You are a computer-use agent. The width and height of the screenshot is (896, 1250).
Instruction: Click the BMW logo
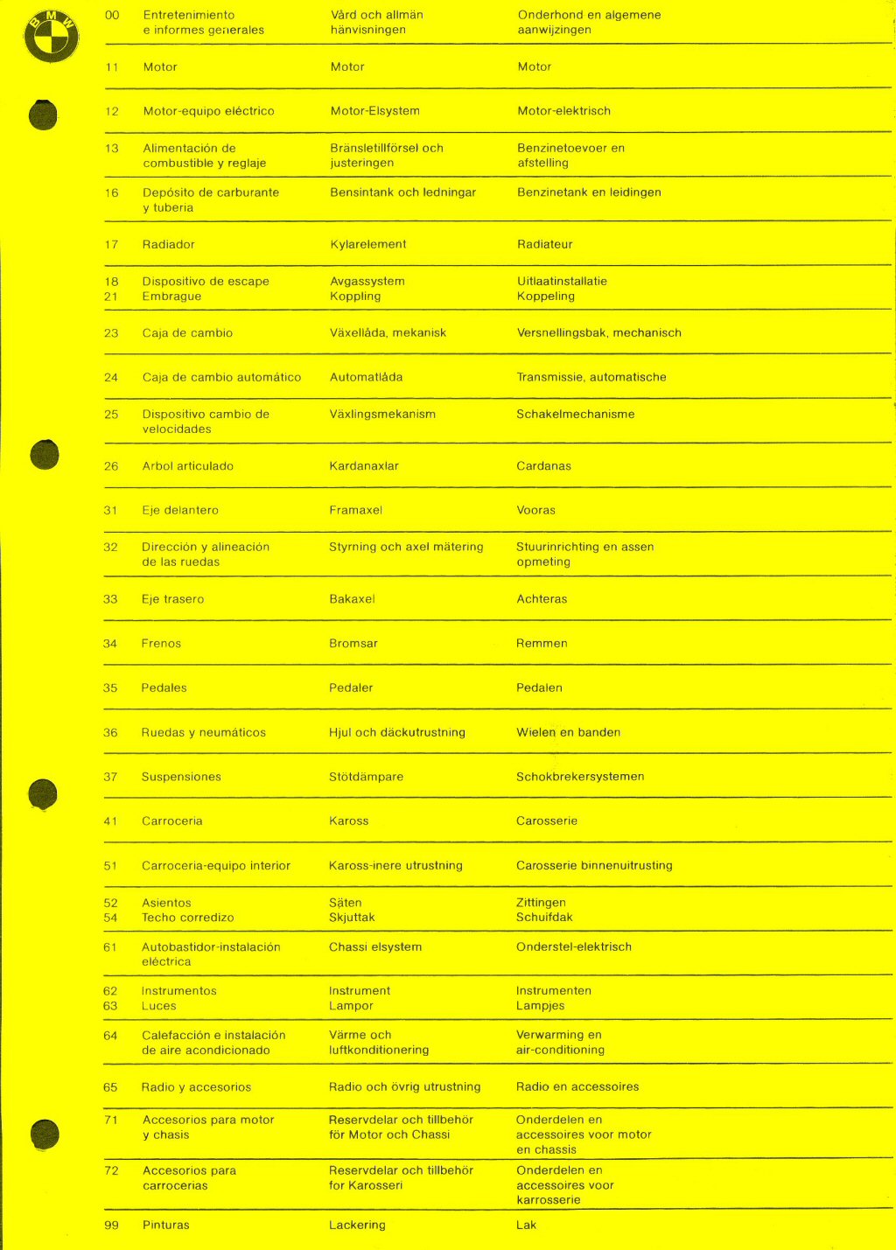[x=51, y=37]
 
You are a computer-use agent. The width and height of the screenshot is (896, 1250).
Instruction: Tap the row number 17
[x=111, y=245]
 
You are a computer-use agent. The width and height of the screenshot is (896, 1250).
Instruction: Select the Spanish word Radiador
[x=169, y=245]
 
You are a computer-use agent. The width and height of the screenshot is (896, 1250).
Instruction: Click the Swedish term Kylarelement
[x=367, y=245]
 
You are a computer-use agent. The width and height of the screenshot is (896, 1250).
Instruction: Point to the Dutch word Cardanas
[x=543, y=466]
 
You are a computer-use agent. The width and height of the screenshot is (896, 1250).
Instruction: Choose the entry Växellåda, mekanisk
[x=388, y=333]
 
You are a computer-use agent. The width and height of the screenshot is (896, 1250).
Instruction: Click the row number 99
[x=111, y=1226]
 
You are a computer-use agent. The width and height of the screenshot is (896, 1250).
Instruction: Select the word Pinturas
[x=165, y=1226]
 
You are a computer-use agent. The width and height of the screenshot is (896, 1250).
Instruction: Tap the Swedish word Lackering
[x=357, y=1226]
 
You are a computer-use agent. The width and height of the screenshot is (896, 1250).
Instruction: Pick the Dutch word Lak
[x=526, y=1226]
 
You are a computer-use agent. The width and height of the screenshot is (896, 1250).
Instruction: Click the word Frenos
[x=161, y=644]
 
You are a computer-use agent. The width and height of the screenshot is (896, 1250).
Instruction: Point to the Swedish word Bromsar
[x=353, y=644]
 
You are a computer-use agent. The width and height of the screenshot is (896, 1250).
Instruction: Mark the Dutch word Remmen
[x=542, y=644]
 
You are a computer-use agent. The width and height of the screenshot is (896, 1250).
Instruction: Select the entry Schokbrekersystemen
[x=580, y=777]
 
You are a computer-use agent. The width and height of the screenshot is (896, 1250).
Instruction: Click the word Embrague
[x=171, y=297]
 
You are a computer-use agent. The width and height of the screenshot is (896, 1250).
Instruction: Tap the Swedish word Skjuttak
[x=352, y=918]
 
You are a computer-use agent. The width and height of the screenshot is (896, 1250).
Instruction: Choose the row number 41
[x=110, y=821]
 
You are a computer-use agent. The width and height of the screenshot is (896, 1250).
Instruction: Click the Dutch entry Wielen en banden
[x=568, y=733]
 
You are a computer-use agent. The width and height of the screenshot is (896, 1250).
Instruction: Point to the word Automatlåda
[x=366, y=378]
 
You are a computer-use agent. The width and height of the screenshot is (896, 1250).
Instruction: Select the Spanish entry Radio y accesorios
[x=196, y=1087]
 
